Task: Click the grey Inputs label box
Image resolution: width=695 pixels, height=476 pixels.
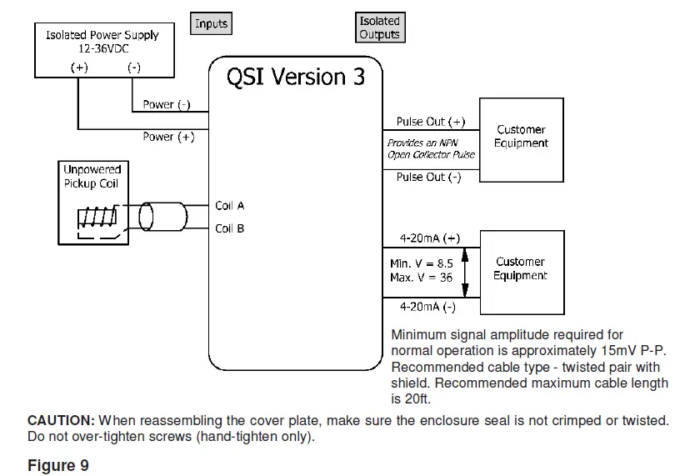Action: click(211, 24)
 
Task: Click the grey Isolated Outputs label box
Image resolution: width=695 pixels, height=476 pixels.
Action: click(380, 28)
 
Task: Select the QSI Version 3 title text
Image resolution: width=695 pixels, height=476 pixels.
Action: click(296, 77)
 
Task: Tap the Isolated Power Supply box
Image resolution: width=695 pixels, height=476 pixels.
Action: click(102, 51)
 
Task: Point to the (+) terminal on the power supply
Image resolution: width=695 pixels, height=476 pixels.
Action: click(78, 68)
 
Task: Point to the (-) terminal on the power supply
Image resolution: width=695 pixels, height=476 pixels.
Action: click(133, 68)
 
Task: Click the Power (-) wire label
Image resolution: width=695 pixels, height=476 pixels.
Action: click(167, 105)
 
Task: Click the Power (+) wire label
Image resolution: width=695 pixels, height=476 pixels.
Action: click(168, 137)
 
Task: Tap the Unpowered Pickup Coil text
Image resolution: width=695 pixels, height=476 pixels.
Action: click(92, 177)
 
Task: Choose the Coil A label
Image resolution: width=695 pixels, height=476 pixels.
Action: click(230, 206)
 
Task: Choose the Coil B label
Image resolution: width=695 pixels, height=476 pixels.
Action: click(230, 228)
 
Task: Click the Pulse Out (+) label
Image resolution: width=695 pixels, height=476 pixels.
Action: click(431, 122)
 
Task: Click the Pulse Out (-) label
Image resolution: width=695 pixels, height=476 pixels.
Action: click(428, 178)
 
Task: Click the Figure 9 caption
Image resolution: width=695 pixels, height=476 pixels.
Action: click(58, 465)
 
